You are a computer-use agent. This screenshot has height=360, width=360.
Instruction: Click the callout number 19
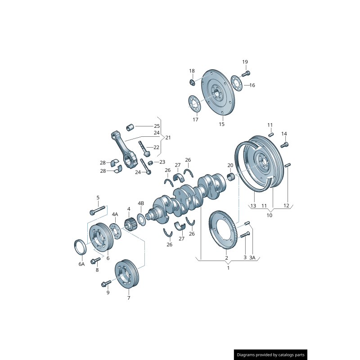click(245, 62)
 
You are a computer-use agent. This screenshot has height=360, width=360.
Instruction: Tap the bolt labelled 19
click(246, 73)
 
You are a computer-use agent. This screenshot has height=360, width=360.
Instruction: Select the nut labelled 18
click(192, 82)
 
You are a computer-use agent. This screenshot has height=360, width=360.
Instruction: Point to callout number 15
click(221, 124)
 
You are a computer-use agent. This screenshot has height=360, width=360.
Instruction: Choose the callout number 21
click(168, 137)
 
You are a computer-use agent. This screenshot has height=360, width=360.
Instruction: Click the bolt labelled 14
click(284, 144)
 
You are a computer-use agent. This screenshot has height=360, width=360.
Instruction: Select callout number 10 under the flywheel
click(270, 215)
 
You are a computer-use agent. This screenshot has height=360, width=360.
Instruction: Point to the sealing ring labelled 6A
click(80, 247)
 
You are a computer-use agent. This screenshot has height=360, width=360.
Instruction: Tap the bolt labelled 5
click(97, 210)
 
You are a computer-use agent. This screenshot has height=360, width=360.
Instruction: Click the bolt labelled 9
click(106, 283)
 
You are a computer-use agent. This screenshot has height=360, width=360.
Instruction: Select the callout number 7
click(129, 298)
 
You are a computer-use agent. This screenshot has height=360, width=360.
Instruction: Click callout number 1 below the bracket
click(228, 268)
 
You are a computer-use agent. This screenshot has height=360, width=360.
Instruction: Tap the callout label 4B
click(141, 203)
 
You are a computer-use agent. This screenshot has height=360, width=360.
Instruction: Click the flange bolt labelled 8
click(95, 260)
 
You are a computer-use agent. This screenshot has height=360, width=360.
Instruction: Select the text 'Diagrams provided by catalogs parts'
click(271, 355)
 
